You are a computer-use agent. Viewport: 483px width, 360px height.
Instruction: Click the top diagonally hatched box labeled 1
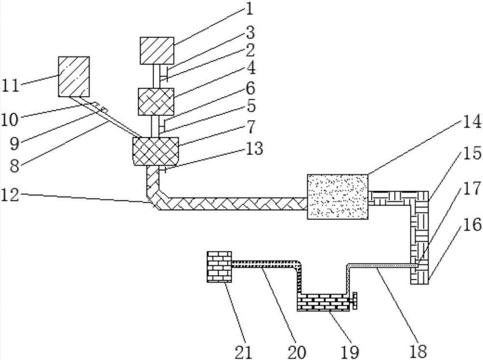coord(157,50)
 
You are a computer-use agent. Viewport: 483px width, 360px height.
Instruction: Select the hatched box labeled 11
coord(74,76)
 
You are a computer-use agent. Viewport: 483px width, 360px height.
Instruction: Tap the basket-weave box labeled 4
coord(156,102)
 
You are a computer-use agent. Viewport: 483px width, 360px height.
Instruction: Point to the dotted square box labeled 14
coord(338,196)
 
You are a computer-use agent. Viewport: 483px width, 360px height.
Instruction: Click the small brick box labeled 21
coord(219,266)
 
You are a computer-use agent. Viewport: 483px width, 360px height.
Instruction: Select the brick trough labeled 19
coord(323,302)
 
